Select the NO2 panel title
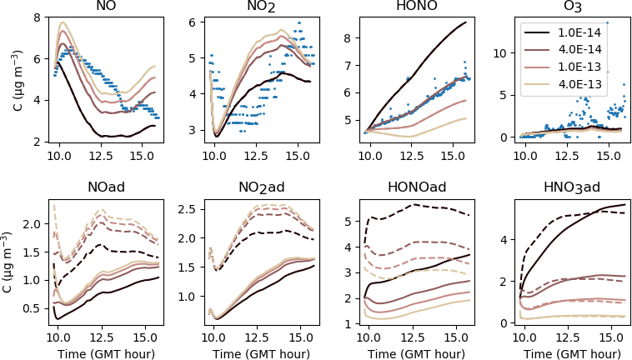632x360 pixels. point(260,9)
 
